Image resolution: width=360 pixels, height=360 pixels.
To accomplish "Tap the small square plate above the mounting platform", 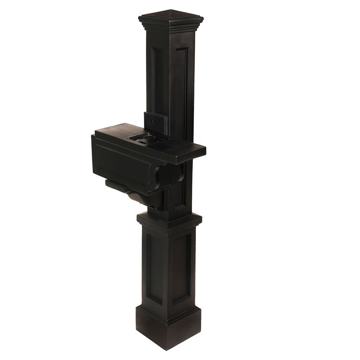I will pos(155,122).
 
